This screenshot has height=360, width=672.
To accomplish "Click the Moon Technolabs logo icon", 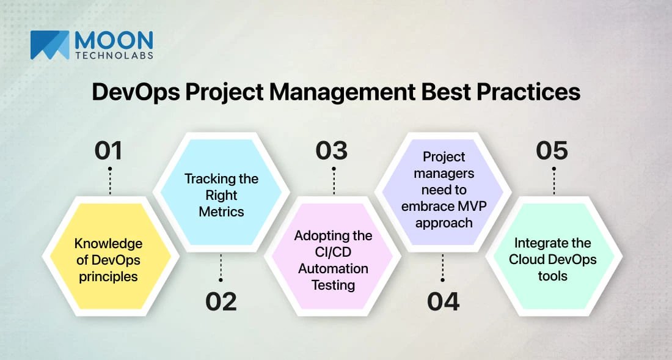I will click(x=49, y=45).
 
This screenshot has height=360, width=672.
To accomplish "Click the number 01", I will click(x=109, y=151).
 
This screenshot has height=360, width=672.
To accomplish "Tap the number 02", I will click(x=221, y=302).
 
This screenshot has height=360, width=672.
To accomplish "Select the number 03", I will click(x=332, y=151).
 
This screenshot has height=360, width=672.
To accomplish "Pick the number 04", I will click(x=444, y=302).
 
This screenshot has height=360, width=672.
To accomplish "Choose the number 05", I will click(x=552, y=151).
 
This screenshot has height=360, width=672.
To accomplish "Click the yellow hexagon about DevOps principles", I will click(x=109, y=260).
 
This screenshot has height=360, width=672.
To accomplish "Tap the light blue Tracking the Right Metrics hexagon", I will click(x=221, y=194).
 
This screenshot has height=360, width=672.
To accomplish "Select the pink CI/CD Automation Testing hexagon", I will click(x=332, y=260).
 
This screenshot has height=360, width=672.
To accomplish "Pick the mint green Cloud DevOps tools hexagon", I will click(x=553, y=260).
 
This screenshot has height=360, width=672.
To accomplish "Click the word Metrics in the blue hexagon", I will click(x=221, y=212).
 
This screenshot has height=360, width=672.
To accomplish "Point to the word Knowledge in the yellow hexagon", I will click(x=109, y=244).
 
